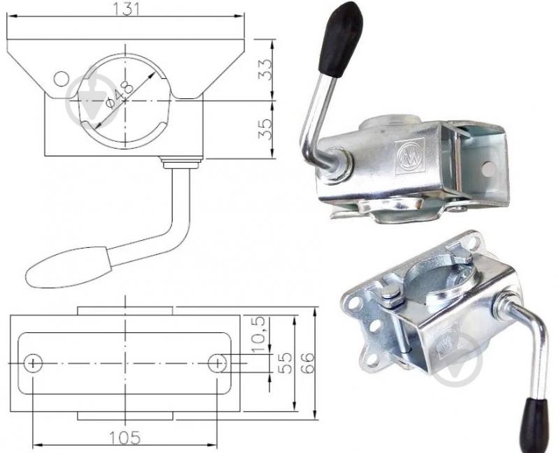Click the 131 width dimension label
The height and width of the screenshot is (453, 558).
126,9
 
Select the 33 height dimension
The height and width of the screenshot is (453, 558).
265,70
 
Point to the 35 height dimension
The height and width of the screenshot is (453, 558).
265,128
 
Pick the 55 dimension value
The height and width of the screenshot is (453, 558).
285,363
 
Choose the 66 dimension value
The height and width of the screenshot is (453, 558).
308,363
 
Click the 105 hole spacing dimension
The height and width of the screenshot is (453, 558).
124,438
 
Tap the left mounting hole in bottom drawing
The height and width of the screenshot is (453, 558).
33,363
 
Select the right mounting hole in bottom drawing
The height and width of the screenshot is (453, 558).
217,363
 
